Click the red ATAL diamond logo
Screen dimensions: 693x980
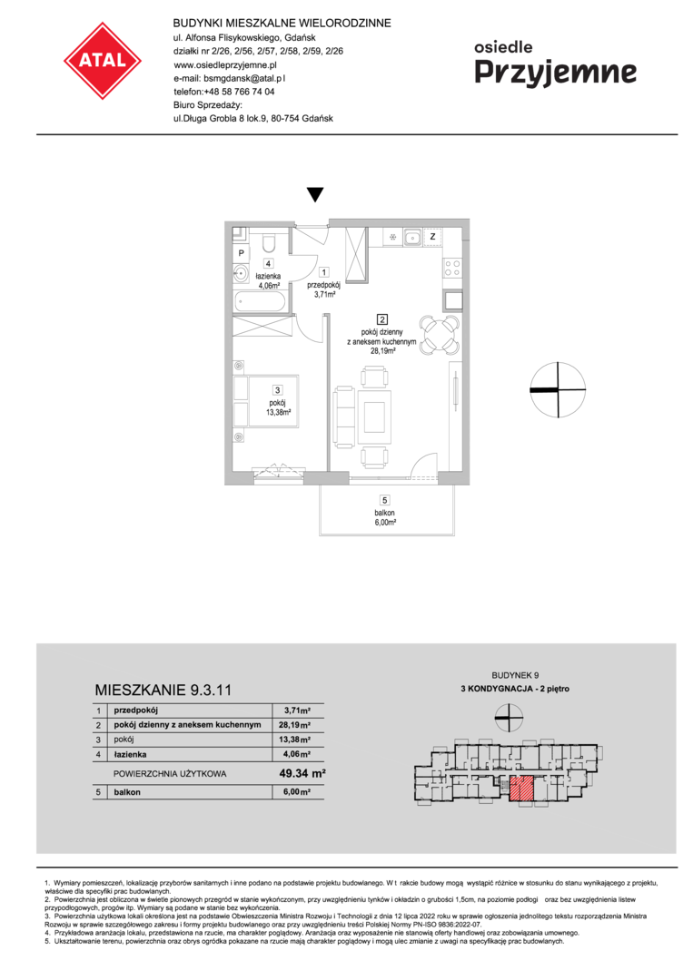(103, 61)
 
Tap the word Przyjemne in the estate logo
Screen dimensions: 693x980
(556, 73)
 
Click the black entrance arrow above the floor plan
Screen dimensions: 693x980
(315, 194)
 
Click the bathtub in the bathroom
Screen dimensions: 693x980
(260, 301)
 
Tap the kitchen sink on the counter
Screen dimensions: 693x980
(412, 237)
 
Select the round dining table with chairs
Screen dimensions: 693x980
(440, 335)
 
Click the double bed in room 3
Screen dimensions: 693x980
(266, 401)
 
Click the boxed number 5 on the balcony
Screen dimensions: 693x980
(385, 499)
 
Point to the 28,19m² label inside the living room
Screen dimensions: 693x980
(382, 351)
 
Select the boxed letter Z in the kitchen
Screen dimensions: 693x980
(433, 237)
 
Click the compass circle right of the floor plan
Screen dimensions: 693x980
(558, 389)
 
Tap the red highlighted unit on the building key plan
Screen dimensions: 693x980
(521, 789)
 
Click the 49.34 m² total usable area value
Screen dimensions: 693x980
(302, 773)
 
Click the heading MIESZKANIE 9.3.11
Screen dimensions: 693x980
(163, 690)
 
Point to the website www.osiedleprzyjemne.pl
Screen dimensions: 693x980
(225, 64)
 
